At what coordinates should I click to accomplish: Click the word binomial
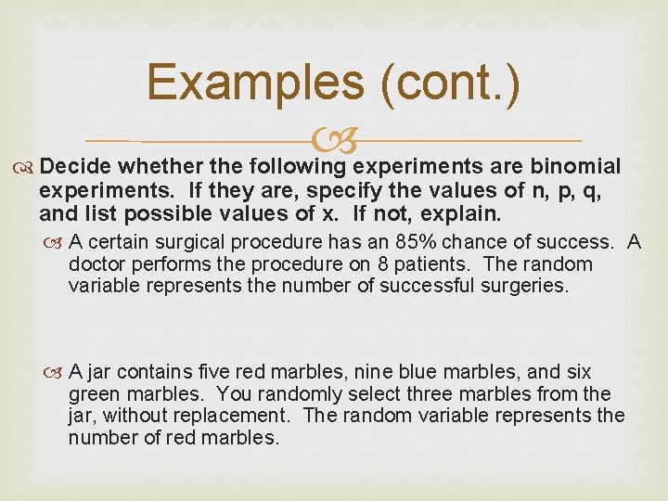(575, 166)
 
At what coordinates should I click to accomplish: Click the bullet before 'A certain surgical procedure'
(56, 243)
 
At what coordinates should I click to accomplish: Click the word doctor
(97, 264)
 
